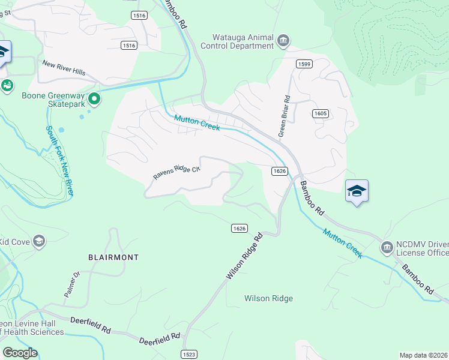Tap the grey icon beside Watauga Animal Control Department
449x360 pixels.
tap(283, 41)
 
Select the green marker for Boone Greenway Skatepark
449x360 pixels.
tap(94, 98)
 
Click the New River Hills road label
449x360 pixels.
tap(63, 68)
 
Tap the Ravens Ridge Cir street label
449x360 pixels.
tap(175, 173)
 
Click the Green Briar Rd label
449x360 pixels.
tap(284, 116)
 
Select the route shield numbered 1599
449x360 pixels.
tap(303, 63)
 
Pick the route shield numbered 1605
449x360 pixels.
tap(320, 113)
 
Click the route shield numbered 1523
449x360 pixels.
tap(189, 354)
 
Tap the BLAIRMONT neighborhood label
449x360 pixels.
tap(113, 257)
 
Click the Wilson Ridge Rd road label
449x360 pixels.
tap(244, 256)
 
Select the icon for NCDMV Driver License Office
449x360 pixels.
tap(386, 247)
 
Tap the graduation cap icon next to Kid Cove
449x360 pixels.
tap(39, 241)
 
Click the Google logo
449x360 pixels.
tap(20, 352)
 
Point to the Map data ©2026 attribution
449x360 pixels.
tap(423, 355)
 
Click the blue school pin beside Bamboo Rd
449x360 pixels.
tap(357, 191)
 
